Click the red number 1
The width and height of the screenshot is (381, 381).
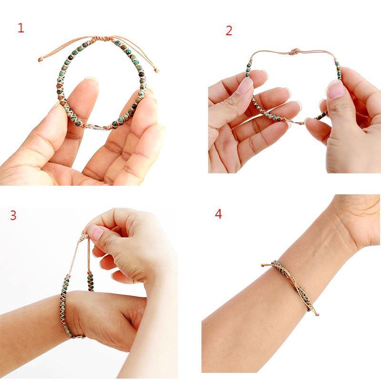pos(20,28)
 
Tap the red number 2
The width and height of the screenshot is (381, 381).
pos(229,31)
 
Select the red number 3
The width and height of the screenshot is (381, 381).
pos(13,215)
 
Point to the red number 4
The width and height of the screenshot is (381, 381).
pos(218,214)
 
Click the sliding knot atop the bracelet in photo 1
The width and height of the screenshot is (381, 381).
pos(111,39)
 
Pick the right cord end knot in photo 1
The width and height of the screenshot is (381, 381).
pos(157,70)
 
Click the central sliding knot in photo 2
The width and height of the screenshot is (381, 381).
pos(294,51)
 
